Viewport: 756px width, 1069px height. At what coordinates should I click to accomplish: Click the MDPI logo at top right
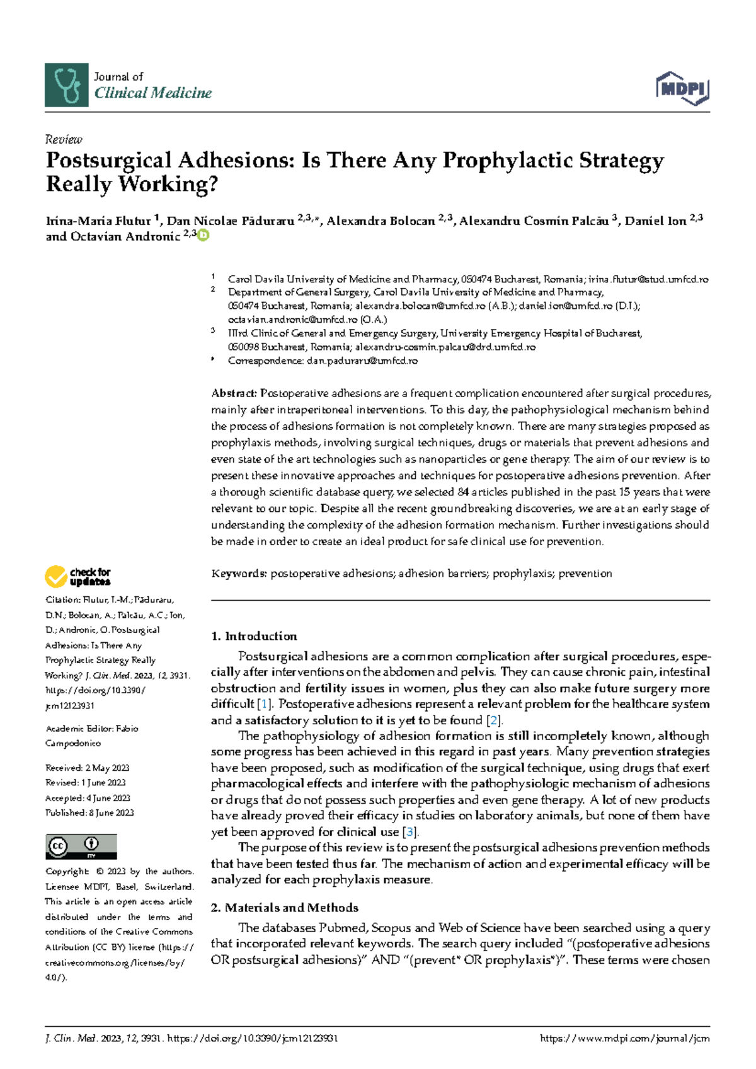coord(683,89)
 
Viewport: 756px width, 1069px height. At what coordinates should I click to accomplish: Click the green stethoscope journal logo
coord(67,85)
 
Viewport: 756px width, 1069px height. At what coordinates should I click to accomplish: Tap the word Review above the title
coord(64,139)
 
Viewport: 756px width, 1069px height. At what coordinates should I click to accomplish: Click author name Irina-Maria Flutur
coord(98,221)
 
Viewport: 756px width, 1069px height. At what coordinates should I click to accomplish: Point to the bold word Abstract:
coord(234,393)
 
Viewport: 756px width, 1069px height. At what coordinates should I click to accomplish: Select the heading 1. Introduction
coord(254,636)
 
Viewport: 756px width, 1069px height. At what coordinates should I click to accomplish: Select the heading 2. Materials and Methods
coord(284,908)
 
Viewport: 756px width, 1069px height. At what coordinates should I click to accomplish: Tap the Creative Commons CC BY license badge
coord(81,847)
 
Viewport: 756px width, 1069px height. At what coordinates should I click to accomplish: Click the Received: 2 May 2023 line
coord(87,768)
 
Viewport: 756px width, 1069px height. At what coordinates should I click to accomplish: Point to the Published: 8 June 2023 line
coord(89,813)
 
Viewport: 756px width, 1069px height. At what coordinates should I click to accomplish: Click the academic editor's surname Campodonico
coord(73,744)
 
